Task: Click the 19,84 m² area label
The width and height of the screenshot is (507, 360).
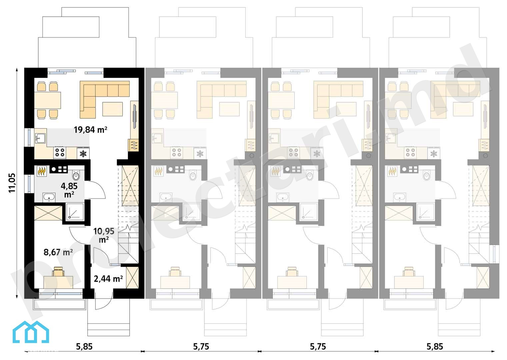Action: (90, 130)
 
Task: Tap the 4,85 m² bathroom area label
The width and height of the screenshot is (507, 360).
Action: (69, 190)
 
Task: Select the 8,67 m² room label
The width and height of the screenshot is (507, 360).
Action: (58, 252)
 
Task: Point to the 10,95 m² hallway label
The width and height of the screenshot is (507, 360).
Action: (104, 235)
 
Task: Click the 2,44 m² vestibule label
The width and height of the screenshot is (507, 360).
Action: (108, 279)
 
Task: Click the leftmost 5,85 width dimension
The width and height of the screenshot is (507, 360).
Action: (84, 347)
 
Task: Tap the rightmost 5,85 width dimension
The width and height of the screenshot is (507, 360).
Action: (435, 347)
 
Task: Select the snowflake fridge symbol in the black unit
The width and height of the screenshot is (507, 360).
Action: (83, 154)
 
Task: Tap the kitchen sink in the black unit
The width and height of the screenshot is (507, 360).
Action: (40, 138)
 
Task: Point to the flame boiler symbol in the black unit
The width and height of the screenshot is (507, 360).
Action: (42, 171)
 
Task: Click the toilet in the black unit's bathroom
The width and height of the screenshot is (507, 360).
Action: (76, 175)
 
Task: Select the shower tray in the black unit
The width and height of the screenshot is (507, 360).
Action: (75, 212)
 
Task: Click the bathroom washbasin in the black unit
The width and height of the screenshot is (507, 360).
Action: (49, 197)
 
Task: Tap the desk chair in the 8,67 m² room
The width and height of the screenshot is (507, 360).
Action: (58, 271)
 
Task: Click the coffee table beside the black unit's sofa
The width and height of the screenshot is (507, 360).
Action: (112, 109)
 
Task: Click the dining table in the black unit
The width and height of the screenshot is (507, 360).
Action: (48, 100)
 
